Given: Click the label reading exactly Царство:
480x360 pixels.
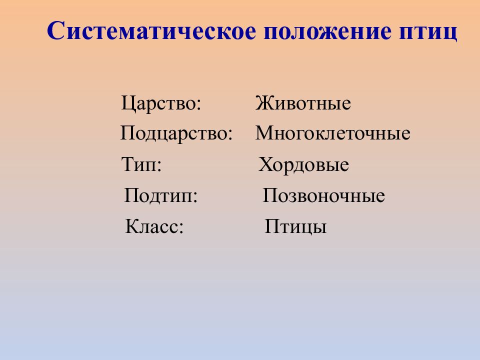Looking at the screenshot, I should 160,104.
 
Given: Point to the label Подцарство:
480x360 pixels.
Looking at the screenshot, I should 176,134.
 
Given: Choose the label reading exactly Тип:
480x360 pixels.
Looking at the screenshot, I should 141,164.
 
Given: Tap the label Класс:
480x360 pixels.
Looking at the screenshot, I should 154,226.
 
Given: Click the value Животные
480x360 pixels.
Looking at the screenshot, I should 303,104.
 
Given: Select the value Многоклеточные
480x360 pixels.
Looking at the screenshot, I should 332,134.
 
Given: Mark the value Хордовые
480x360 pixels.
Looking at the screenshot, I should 303,164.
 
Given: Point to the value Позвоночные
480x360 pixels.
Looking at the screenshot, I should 323,195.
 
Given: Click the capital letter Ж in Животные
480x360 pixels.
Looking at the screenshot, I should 262,104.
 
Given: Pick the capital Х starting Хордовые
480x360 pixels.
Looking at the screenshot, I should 264,164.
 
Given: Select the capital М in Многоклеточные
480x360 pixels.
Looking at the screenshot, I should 263,134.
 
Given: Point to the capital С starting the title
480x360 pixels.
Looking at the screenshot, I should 56,31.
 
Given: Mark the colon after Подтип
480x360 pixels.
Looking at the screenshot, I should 195,197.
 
